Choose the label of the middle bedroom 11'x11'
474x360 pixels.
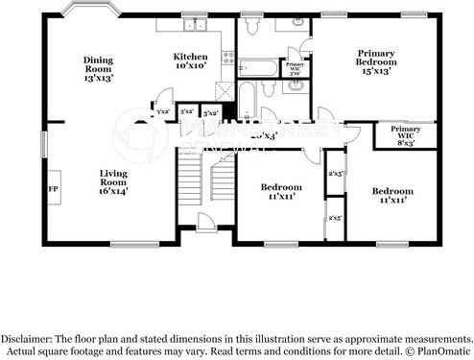[281, 191]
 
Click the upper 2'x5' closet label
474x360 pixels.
[336, 174]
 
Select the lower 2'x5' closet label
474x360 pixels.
[336, 218]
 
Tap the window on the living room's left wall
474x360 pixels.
[42, 142]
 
